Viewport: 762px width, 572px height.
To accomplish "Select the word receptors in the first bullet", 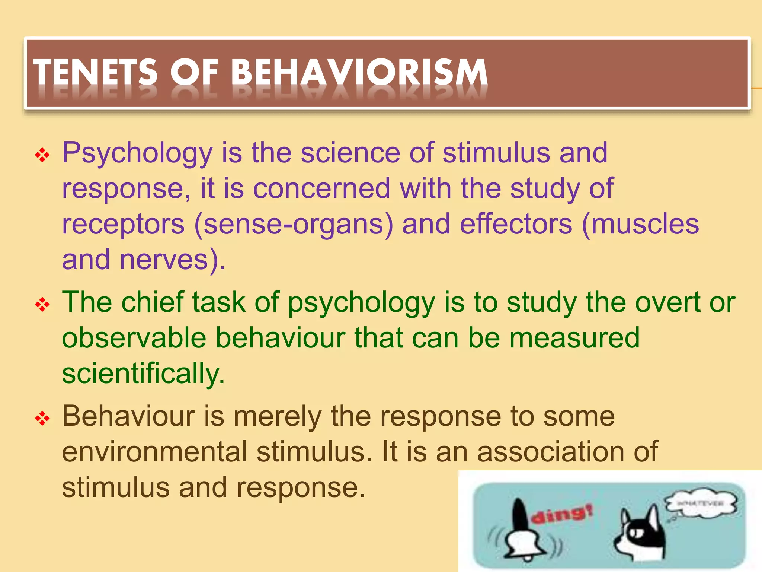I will coord(123,225).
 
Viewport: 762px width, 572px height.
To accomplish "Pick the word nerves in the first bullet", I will coord(164,260).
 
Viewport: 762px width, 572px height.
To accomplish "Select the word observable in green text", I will coord(134,338).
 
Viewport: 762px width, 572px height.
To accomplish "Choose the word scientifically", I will coord(143,374).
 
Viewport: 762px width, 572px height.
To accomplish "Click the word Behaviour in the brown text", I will coord(128,416).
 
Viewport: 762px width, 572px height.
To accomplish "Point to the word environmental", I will coord(154,452).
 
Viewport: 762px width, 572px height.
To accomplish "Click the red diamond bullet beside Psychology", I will coord(42,155).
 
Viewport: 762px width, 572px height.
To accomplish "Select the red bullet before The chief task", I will coord(42,305).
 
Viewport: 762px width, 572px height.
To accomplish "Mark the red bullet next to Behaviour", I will coord(42,419).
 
